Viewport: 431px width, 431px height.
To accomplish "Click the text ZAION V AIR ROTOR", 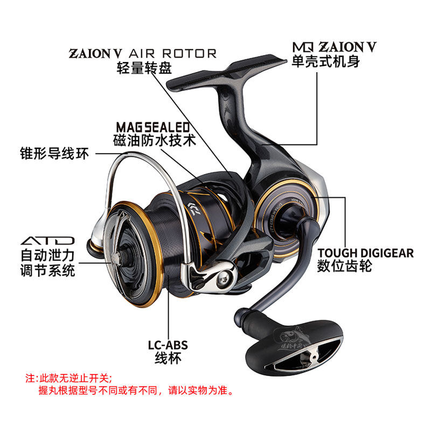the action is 142,53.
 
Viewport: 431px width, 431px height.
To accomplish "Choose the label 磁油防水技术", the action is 155,141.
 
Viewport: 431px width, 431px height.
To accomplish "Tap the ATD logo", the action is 47,240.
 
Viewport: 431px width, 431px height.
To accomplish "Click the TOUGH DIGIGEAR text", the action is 365,253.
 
